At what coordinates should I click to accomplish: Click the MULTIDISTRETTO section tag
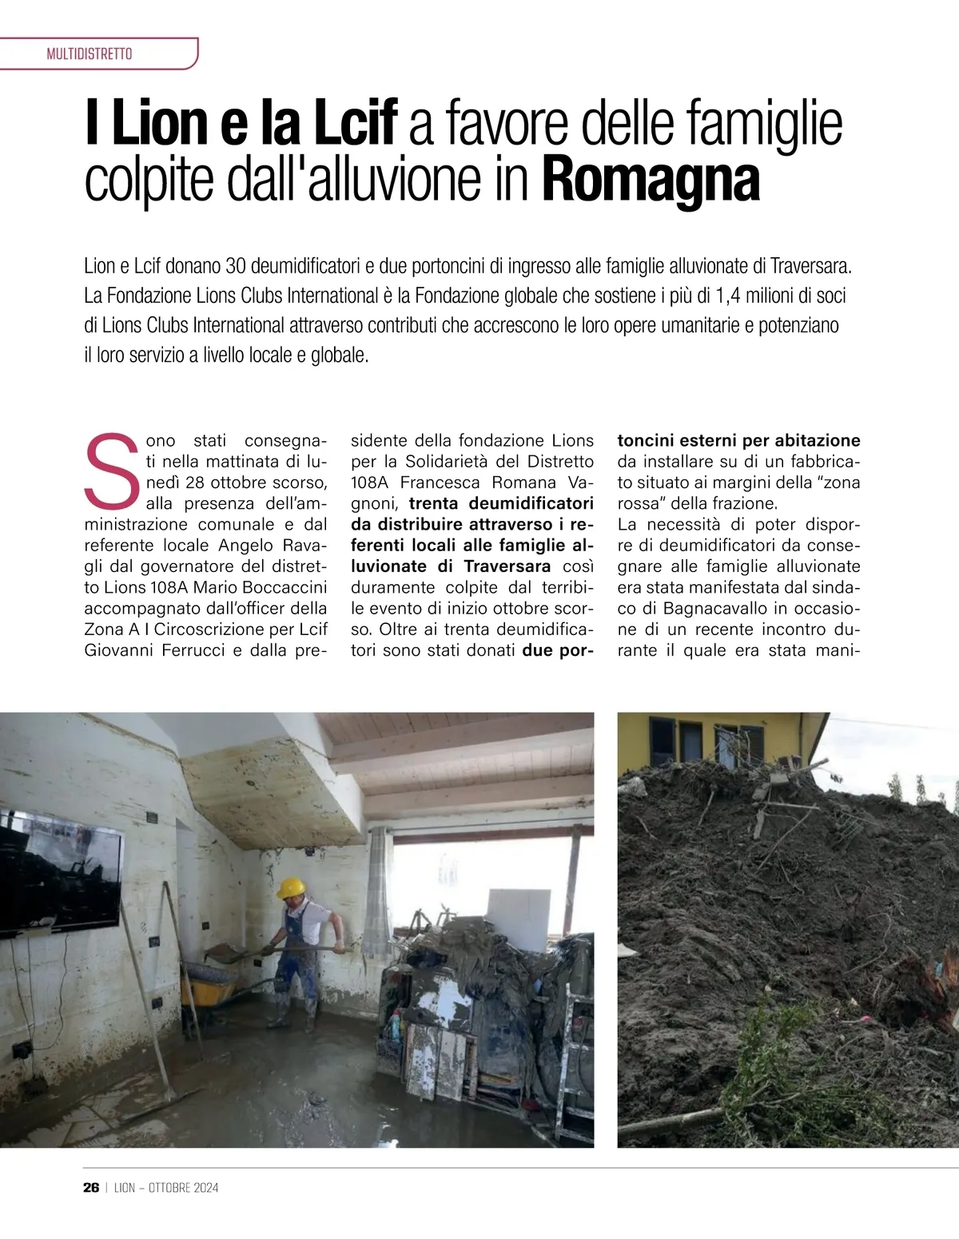click(x=90, y=54)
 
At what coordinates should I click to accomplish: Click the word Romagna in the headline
click(x=651, y=181)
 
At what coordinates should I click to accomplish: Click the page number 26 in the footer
click(x=91, y=1187)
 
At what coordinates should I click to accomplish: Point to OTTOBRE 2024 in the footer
click(x=184, y=1188)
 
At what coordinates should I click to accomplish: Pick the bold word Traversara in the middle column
click(x=507, y=566)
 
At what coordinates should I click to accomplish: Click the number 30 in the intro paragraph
click(x=237, y=265)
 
